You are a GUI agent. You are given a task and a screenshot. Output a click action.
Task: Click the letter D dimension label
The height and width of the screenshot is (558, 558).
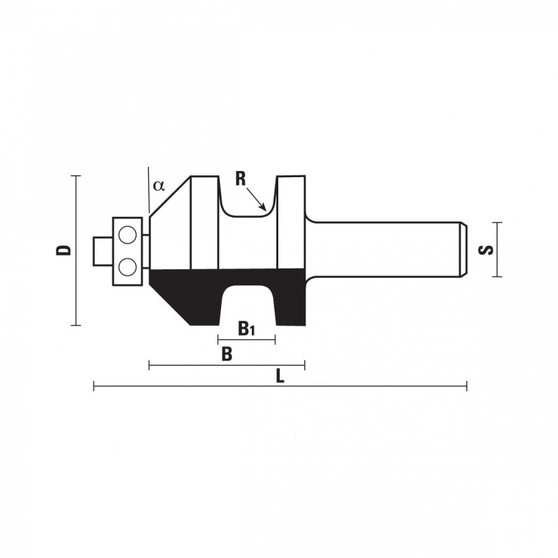pos(63,250)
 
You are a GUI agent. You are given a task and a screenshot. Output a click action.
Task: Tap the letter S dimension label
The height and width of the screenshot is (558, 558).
pos(486,250)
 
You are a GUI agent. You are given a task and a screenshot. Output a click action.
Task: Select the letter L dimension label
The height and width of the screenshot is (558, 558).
pos(280,376)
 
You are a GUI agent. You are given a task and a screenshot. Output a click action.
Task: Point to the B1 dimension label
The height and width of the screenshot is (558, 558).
pos(246,329)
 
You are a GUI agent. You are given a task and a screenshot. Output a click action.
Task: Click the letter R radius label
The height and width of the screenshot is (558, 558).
pos(241,179)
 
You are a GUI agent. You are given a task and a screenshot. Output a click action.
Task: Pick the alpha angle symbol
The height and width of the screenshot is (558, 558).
pos(159,185)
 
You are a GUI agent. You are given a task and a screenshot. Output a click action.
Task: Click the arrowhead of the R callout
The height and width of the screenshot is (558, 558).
pos(264,207)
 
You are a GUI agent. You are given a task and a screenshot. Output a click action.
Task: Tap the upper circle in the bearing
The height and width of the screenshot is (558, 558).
pos(128,235)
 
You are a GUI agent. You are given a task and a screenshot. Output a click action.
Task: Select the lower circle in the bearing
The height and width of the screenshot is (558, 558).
pos(128,267)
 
